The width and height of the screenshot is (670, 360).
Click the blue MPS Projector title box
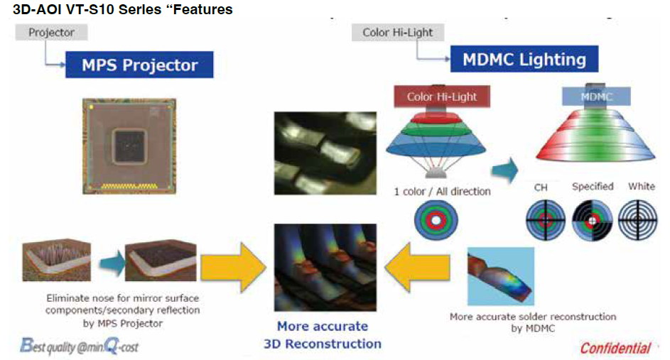tap(139, 65)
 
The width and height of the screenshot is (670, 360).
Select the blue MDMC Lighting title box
tap(524, 59)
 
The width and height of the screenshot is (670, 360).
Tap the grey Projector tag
tap(51, 32)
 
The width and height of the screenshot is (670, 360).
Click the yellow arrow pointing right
tap(232, 266)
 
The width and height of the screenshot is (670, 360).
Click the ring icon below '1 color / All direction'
tap(437, 219)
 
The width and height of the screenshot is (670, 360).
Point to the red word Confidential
tap(615, 348)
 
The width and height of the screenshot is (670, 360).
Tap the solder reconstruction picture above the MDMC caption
tap(500, 276)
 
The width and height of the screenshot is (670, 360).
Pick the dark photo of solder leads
tap(325, 153)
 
